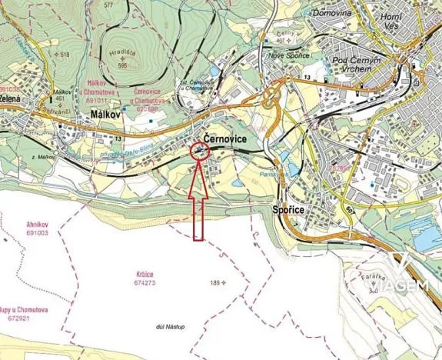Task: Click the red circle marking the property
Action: pos(200,152)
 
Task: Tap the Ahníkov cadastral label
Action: pos(36,223)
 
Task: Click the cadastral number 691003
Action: pos(37,232)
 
